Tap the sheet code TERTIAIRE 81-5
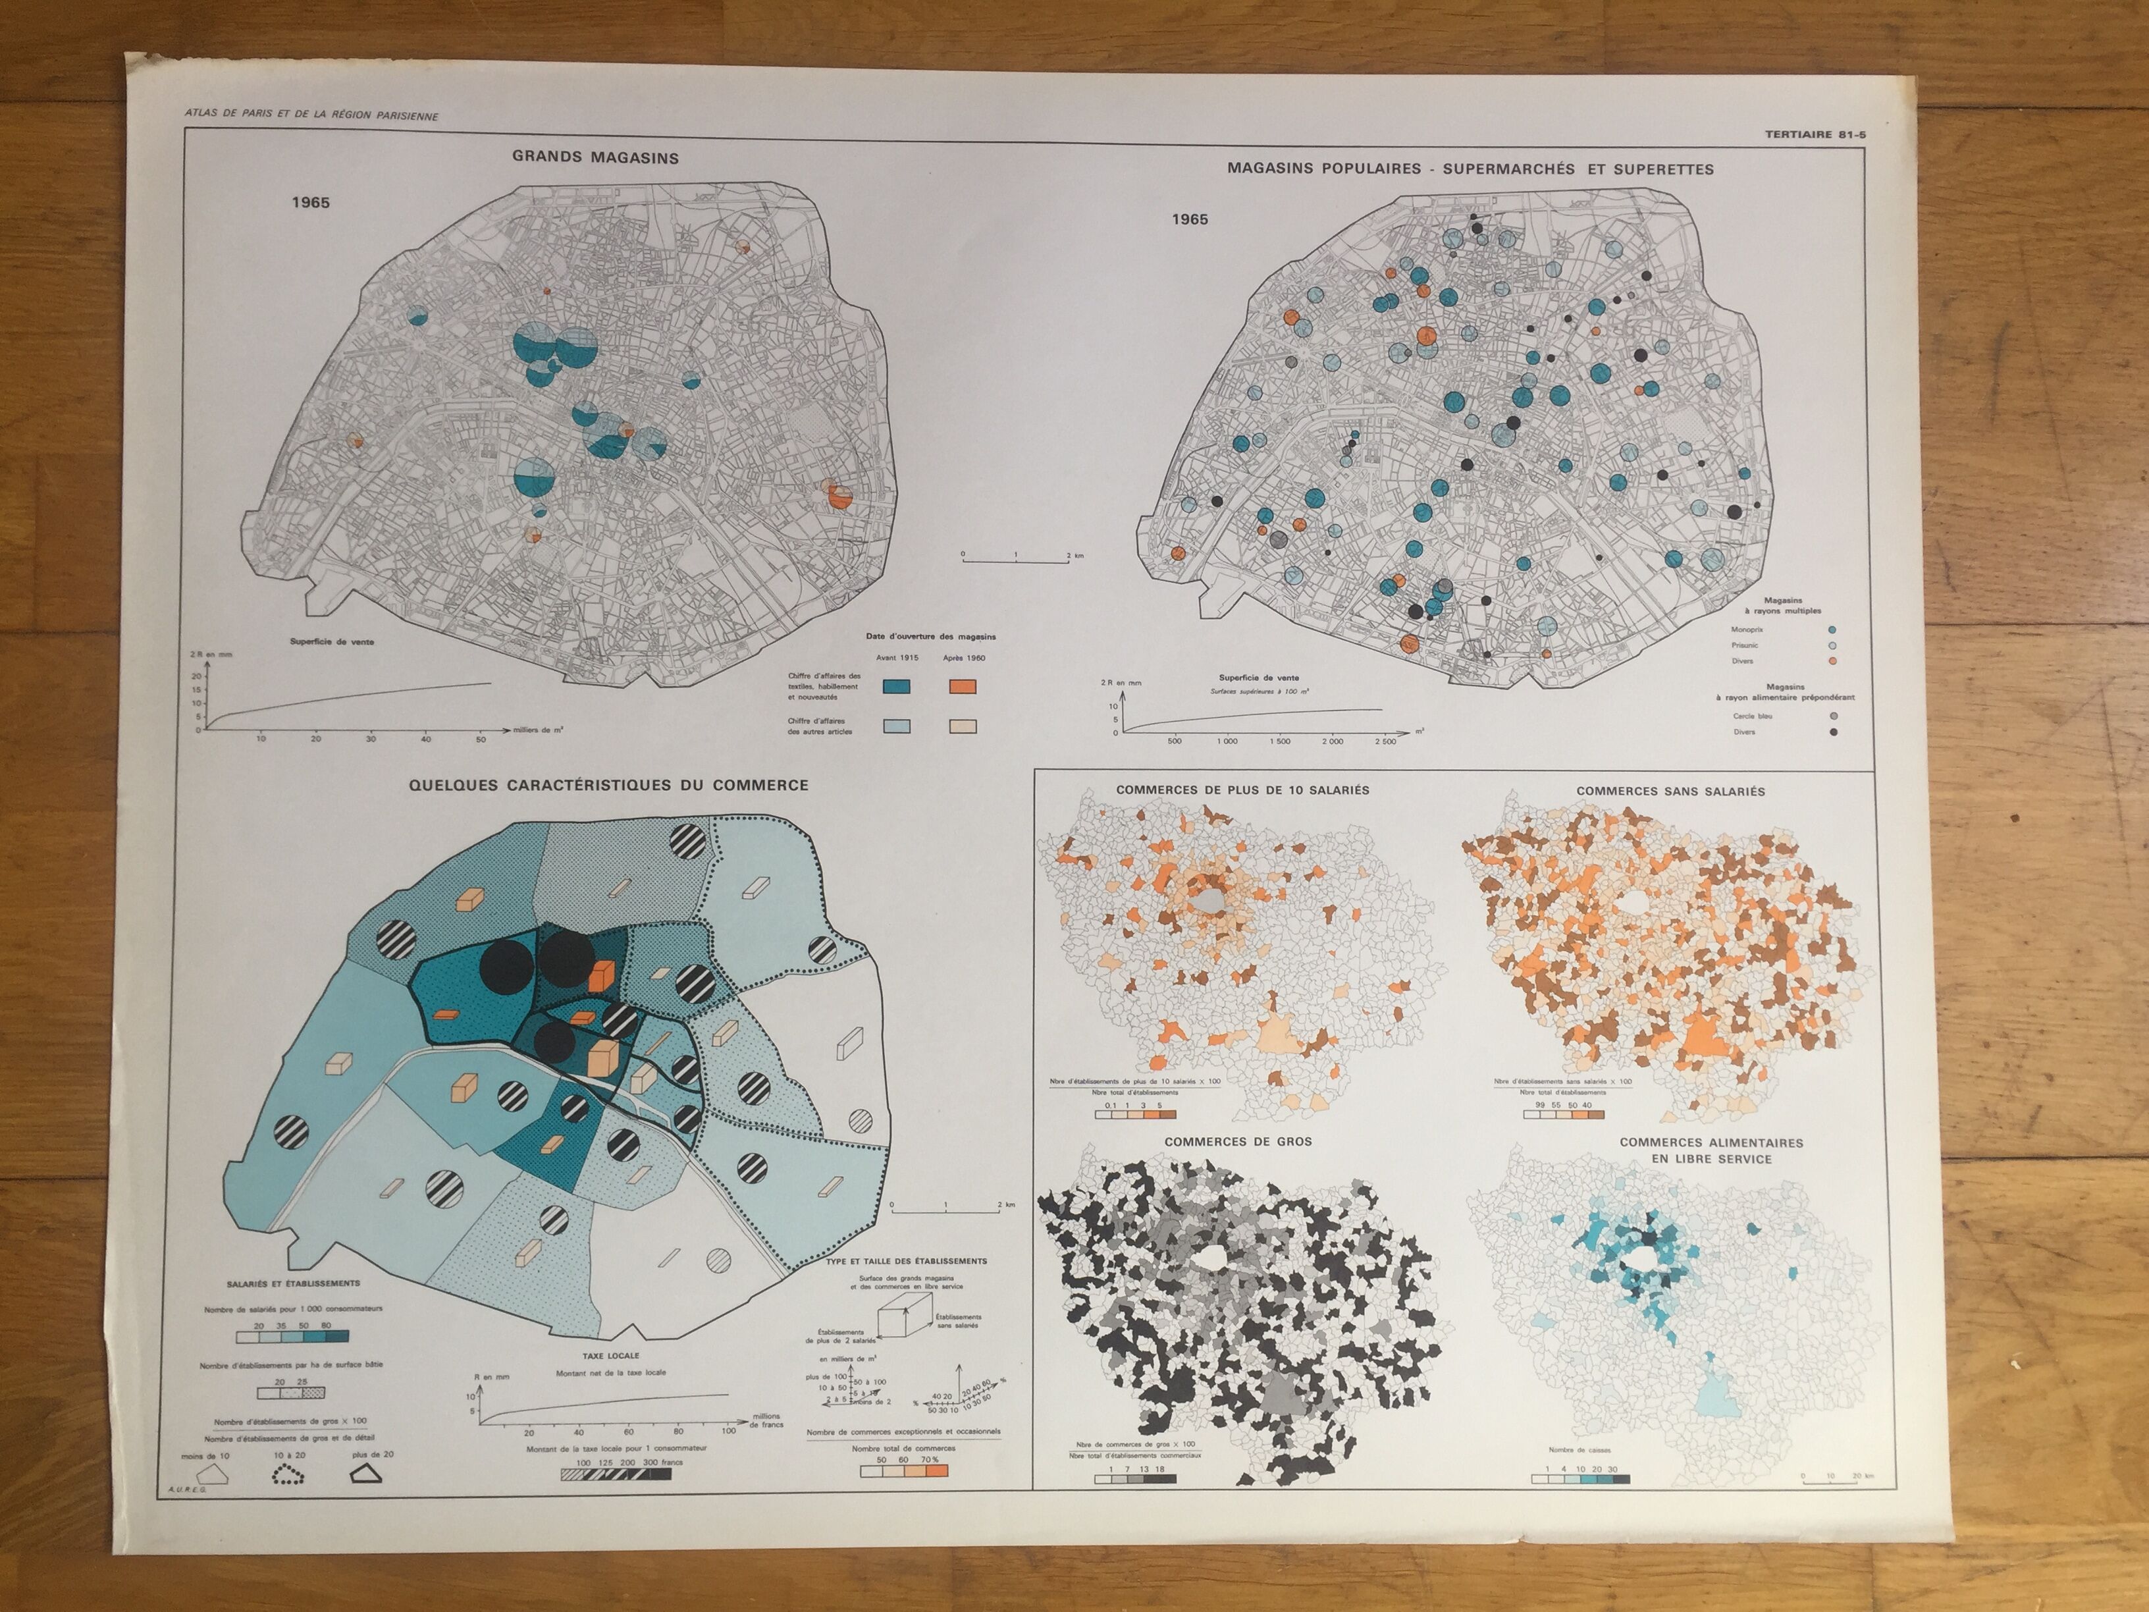point(1815,134)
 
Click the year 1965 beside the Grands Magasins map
point(311,202)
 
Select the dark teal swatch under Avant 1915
point(895,686)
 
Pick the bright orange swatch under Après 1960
point(962,686)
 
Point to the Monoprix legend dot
point(1832,630)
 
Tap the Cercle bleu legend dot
point(1833,716)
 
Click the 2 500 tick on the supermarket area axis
point(1385,741)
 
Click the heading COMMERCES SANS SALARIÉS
point(1670,791)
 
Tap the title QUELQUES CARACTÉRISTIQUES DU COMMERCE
point(608,785)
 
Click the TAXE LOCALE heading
point(611,1355)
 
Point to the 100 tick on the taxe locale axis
point(729,1432)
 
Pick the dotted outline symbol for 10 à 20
point(286,1476)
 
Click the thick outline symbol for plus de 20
point(365,1474)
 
